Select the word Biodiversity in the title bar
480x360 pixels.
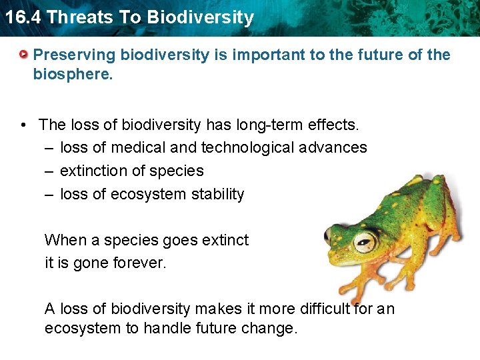coord(201,17)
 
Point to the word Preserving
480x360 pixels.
coord(69,55)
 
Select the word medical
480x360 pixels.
coord(137,147)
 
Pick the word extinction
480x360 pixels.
coord(93,171)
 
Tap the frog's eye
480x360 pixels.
coord(363,240)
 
